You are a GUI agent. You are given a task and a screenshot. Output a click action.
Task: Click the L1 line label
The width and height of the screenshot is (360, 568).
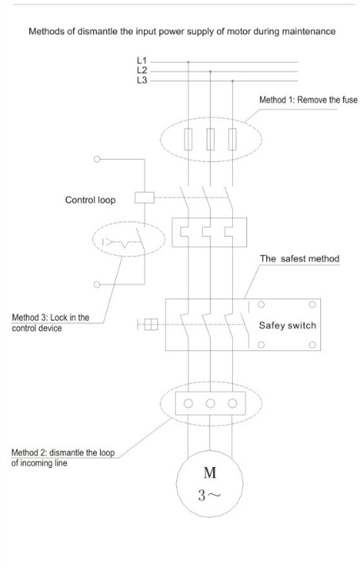pyautogui.click(x=141, y=60)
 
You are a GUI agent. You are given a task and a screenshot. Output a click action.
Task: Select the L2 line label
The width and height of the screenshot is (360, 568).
pyautogui.click(x=141, y=70)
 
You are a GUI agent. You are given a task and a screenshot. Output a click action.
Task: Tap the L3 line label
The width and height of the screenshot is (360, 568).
pyautogui.click(x=141, y=80)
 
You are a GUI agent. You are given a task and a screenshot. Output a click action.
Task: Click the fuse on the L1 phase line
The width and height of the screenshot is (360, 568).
pyautogui.click(x=188, y=139)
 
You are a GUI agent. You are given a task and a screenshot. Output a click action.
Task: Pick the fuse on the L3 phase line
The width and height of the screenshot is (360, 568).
pyautogui.click(x=232, y=139)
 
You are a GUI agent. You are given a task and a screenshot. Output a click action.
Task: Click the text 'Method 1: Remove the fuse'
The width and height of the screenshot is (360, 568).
pyautogui.click(x=308, y=100)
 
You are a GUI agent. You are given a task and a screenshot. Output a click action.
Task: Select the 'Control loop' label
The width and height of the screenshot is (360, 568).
pyautogui.click(x=91, y=200)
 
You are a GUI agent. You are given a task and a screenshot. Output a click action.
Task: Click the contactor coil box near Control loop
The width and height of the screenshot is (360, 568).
pyautogui.click(x=145, y=198)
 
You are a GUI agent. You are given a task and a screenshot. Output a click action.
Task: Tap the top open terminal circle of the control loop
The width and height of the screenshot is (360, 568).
pyautogui.click(x=97, y=159)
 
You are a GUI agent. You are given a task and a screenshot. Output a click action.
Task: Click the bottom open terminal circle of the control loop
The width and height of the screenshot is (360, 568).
pyautogui.click(x=97, y=284)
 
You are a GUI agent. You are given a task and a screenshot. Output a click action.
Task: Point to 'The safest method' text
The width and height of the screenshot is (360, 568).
pyautogui.click(x=300, y=259)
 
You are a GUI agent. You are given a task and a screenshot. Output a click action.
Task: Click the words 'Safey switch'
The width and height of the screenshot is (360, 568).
pyautogui.click(x=288, y=325)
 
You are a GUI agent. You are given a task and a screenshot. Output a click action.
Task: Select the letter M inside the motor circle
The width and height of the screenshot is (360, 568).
pyautogui.click(x=210, y=473)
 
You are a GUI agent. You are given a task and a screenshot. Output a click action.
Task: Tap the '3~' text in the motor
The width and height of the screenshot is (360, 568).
pyautogui.click(x=209, y=495)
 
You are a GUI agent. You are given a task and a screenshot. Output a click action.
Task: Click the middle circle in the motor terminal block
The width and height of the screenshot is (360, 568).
pyautogui.click(x=211, y=404)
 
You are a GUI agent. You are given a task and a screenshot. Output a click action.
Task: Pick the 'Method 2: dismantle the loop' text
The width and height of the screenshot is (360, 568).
pyautogui.click(x=63, y=453)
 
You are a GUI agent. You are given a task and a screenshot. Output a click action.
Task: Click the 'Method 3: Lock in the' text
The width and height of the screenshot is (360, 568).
pyautogui.click(x=50, y=317)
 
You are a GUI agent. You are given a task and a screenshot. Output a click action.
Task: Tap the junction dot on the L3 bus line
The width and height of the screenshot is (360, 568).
pyautogui.click(x=232, y=81)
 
